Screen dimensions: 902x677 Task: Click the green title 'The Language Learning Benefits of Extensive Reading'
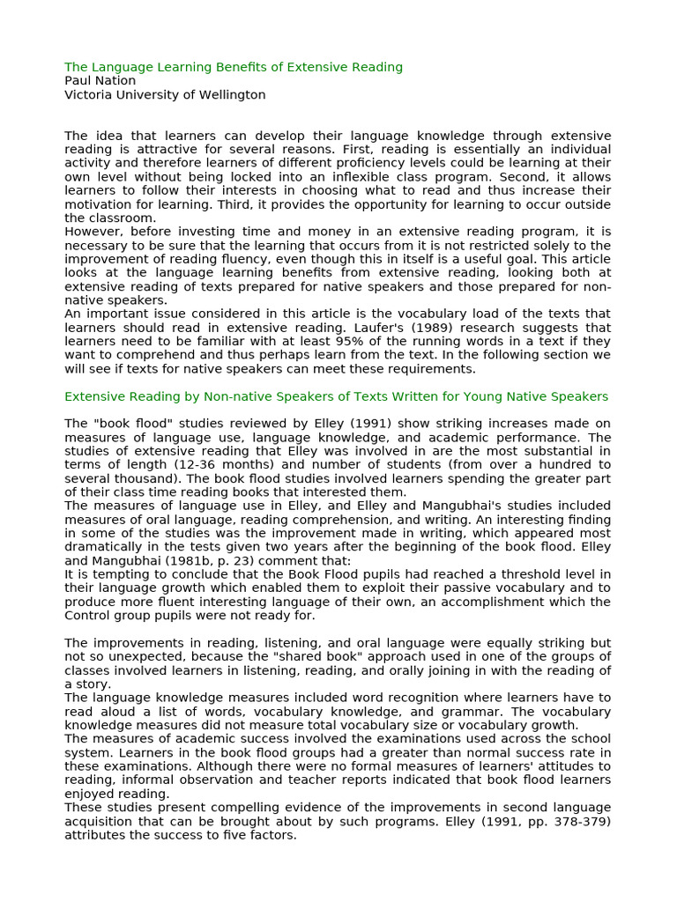234,67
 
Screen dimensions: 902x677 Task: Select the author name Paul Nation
100,81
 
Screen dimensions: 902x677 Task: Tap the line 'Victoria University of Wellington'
165,95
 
